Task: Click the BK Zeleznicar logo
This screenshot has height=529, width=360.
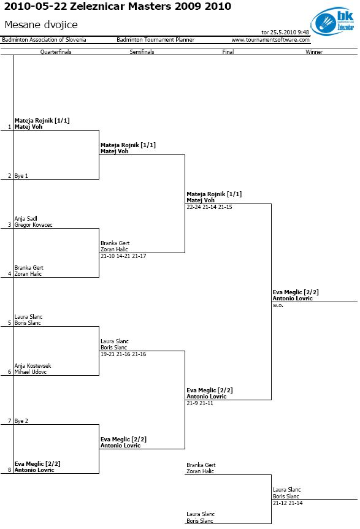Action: pos(332,21)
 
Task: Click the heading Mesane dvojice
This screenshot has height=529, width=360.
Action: pos(41,25)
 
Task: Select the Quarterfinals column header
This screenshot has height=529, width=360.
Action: pos(56,51)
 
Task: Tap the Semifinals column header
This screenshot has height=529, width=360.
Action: pos(142,51)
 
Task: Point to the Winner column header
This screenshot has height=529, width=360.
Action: pos(314,51)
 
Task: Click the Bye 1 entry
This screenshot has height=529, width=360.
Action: pos(21,176)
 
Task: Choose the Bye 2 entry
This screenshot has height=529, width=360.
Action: pos(21,421)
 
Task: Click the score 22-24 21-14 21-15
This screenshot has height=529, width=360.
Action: pos(209,207)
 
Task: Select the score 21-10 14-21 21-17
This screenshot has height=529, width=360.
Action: pos(123,256)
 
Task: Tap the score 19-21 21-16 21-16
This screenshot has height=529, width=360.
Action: pos(123,354)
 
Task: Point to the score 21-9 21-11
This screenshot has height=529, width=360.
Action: pos(200,403)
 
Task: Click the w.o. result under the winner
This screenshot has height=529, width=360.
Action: pos(278,305)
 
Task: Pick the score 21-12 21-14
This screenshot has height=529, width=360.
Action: pos(288,503)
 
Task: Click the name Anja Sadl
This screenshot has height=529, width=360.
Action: pos(26,219)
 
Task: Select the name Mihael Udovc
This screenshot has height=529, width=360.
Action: pos(31,372)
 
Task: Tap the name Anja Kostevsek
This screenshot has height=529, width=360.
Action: pos(33,366)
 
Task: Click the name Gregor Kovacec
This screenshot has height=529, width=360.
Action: pos(33,225)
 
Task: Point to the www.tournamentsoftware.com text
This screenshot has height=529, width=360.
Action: pos(270,40)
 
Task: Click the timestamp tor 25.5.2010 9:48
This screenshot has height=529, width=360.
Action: pos(285,32)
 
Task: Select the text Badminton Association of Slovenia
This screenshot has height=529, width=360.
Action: pos(44,40)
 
